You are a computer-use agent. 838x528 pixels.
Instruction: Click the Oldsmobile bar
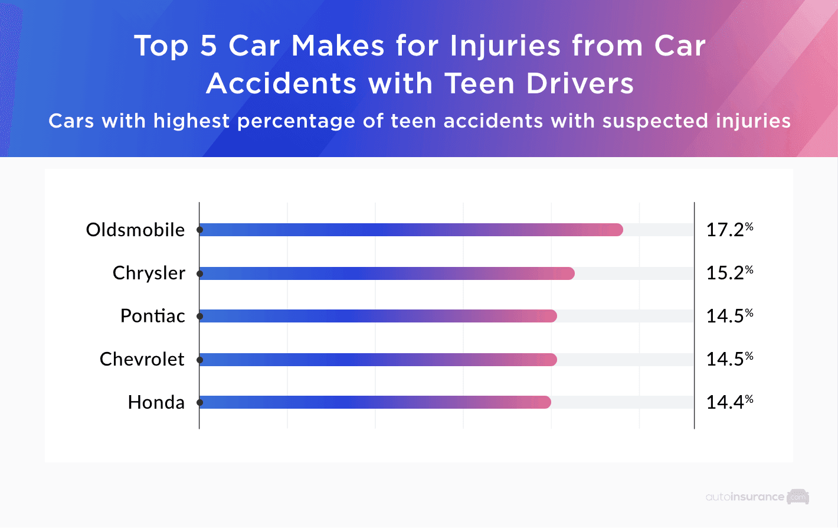click(411, 230)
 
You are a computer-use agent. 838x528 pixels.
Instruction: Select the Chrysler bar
click(387, 273)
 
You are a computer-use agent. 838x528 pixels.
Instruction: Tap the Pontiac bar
click(378, 316)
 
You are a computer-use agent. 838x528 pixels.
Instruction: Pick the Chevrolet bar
click(378, 360)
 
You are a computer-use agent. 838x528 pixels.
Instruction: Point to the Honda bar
click(375, 402)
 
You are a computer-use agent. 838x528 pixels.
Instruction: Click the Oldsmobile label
click(135, 230)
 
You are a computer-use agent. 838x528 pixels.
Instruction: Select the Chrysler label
click(149, 273)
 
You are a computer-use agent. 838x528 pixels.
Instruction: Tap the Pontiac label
click(152, 316)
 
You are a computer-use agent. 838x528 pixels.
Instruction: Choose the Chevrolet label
click(142, 359)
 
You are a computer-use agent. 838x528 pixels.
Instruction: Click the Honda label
click(156, 402)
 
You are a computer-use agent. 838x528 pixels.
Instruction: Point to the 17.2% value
click(729, 230)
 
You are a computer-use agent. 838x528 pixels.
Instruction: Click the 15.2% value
click(729, 273)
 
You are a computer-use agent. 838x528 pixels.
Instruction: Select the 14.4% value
click(729, 402)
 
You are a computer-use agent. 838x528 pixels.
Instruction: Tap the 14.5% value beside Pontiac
click(729, 316)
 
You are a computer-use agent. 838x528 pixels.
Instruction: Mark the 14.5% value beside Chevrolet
click(729, 359)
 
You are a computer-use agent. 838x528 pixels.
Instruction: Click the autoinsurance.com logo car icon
click(798, 497)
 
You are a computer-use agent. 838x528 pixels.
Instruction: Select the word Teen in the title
click(479, 83)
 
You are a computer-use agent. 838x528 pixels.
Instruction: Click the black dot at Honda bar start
click(200, 402)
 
